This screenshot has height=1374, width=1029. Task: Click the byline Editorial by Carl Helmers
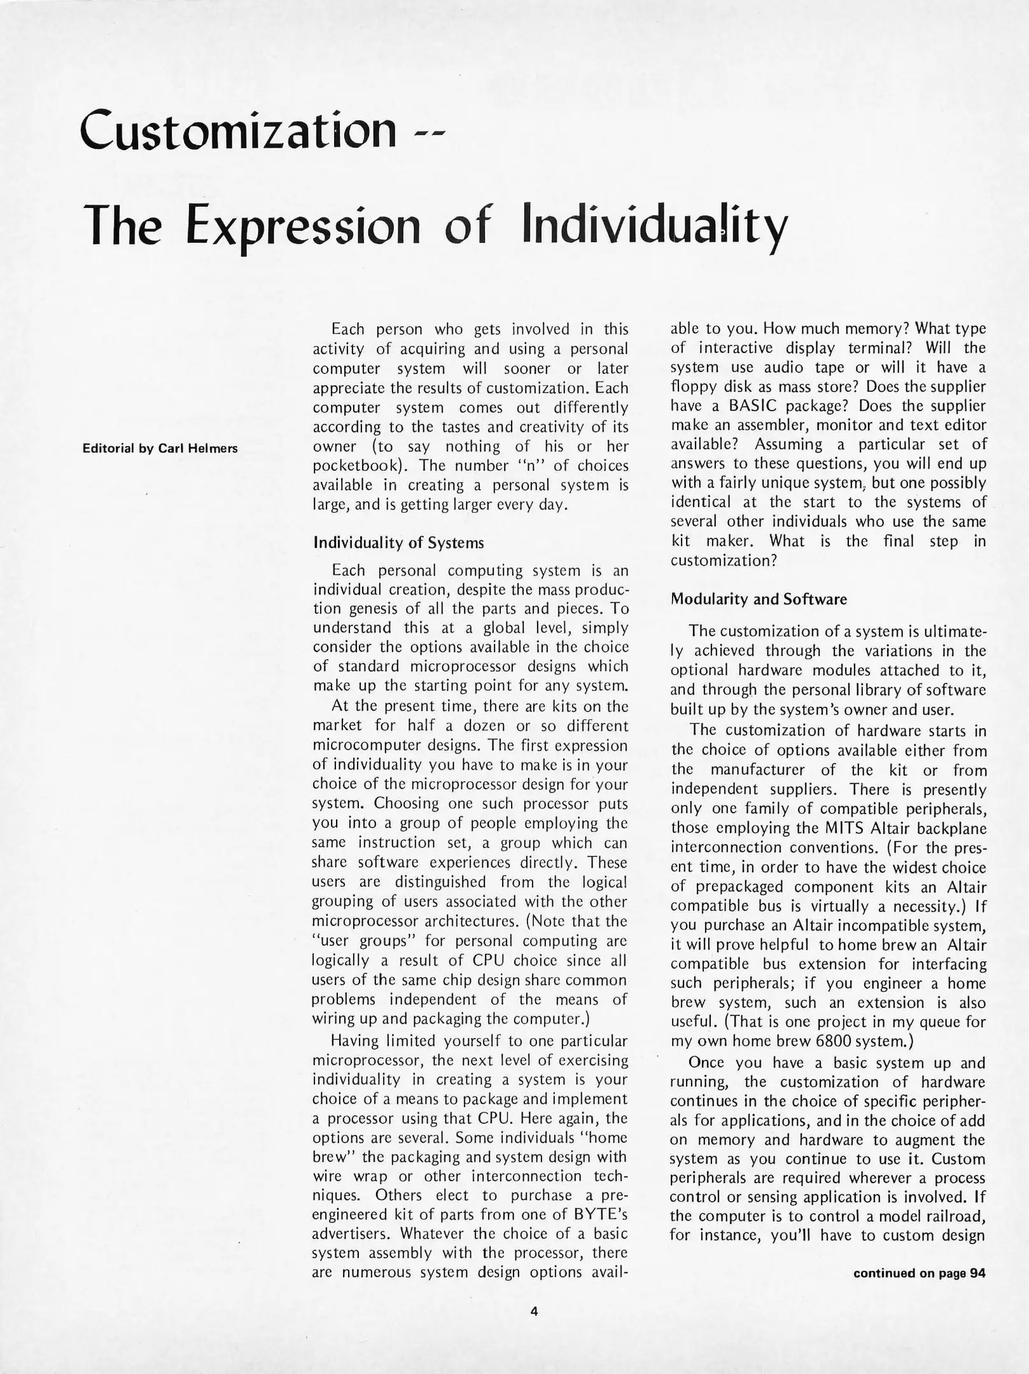point(160,448)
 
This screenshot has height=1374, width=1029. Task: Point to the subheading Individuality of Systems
point(398,543)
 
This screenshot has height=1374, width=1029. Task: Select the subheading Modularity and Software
point(759,599)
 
